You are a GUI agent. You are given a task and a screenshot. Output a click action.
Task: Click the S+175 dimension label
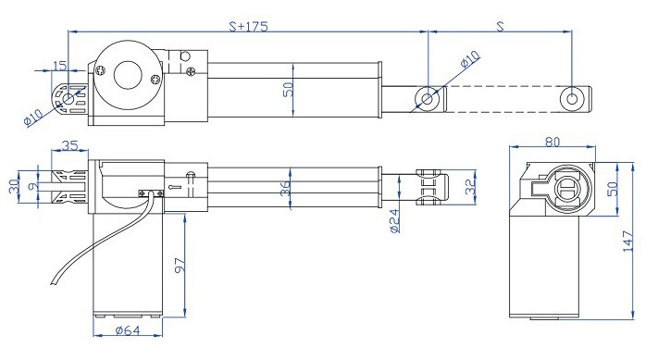click(x=248, y=27)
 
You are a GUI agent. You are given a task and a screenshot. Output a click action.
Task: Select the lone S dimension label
click(x=500, y=27)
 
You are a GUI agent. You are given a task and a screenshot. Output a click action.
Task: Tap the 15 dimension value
click(x=60, y=66)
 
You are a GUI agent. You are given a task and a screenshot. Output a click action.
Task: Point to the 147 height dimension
click(x=627, y=241)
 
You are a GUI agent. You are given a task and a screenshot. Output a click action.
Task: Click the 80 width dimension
click(x=552, y=143)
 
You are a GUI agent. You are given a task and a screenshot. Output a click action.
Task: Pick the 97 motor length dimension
click(x=180, y=266)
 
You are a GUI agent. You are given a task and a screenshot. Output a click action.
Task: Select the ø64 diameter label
click(x=127, y=330)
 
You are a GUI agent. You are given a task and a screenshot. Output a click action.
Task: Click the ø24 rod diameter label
click(x=395, y=220)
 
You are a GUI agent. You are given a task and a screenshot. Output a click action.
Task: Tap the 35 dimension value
click(x=69, y=145)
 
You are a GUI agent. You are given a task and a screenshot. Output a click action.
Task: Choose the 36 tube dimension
click(x=285, y=189)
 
